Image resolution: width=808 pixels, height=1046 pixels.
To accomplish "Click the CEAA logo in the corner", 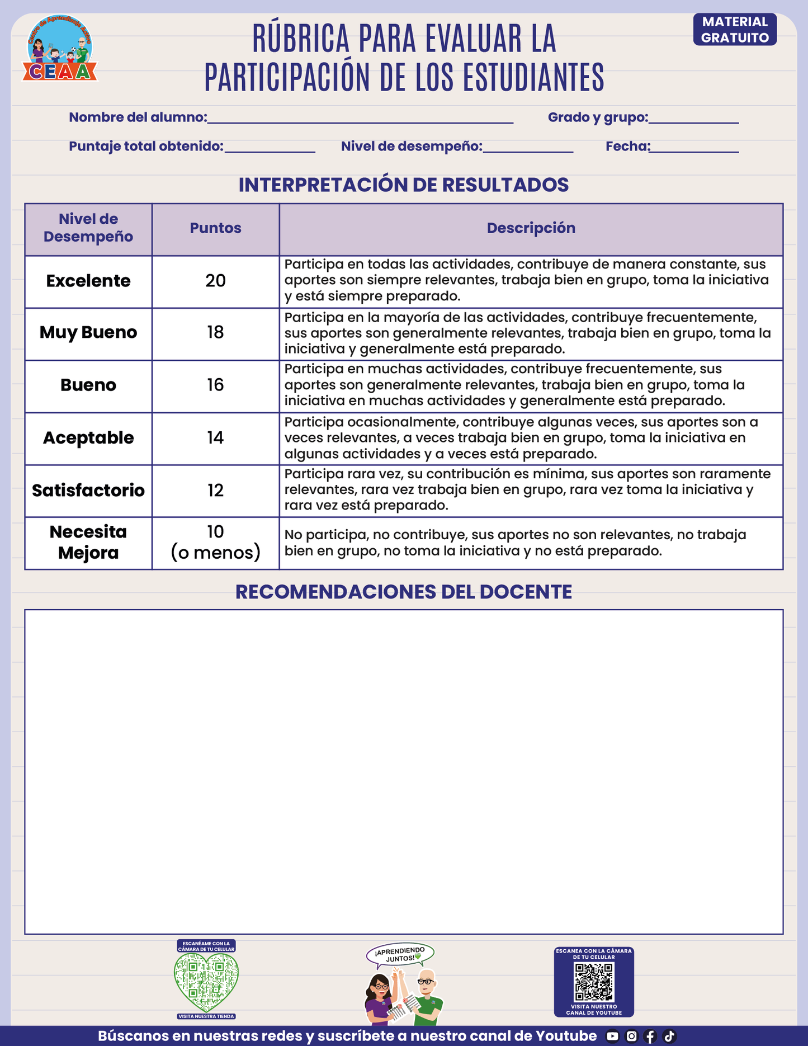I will point(60,49).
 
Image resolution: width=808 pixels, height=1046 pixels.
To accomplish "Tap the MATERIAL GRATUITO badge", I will point(735,30).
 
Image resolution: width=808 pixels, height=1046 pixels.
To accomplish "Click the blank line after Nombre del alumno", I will point(360,119).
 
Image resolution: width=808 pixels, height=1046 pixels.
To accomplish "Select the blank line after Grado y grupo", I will point(693,119).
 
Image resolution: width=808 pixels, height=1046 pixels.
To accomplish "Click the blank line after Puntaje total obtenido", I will point(270,148).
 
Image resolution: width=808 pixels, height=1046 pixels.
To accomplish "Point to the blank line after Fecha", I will point(694,148).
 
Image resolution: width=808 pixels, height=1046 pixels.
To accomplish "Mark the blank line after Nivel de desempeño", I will point(528,148).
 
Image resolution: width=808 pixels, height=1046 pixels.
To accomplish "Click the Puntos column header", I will point(215,228).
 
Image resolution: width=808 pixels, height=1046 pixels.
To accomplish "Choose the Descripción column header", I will point(531,228).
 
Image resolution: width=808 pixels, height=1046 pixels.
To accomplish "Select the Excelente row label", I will point(88,281).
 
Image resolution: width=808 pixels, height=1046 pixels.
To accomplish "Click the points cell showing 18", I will point(215,333).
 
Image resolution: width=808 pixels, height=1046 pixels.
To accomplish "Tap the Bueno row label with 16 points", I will point(88,385).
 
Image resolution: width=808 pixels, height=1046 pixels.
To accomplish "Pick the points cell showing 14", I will point(215,438).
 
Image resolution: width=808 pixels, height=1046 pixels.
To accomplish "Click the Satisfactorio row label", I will point(88,491).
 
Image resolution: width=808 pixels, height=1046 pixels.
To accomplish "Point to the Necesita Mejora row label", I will point(88,542).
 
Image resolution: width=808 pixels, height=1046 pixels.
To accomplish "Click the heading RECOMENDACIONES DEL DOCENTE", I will point(403,592).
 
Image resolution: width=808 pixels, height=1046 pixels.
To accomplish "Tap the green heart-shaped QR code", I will point(206,982).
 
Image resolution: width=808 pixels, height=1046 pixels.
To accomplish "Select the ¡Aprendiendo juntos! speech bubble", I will point(400,955).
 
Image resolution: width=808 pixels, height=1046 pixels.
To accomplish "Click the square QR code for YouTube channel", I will point(594,982).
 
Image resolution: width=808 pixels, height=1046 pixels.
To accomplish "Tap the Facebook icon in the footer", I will point(650,1036).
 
